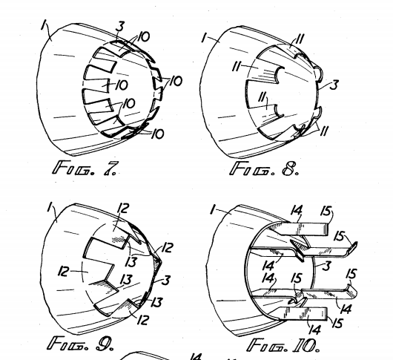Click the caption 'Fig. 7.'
(x=85, y=168)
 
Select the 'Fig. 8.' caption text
(x=264, y=168)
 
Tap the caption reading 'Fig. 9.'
(x=81, y=344)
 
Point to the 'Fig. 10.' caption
(x=283, y=345)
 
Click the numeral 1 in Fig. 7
(x=44, y=25)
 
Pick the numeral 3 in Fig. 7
(x=120, y=27)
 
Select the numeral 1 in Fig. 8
(x=205, y=38)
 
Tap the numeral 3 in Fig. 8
(x=334, y=85)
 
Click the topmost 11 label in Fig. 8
(x=300, y=39)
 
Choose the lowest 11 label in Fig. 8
(x=324, y=131)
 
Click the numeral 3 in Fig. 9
(x=166, y=280)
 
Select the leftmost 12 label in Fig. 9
(x=64, y=271)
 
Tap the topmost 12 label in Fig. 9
(x=123, y=209)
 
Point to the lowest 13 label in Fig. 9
(x=156, y=302)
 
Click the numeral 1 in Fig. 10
(x=213, y=210)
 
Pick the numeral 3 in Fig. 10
(x=326, y=266)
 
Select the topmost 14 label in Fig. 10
(x=297, y=210)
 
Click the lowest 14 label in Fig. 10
(x=315, y=330)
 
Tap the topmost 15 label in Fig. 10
(x=326, y=211)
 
